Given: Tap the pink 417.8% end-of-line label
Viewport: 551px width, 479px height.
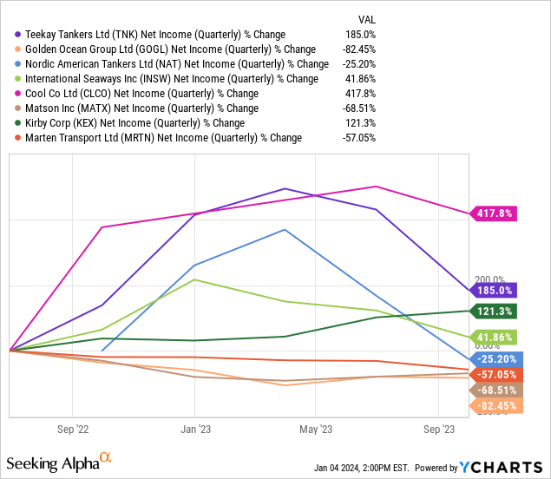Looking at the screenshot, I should (495, 213).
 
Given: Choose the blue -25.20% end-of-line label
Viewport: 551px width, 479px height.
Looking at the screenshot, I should (495, 358).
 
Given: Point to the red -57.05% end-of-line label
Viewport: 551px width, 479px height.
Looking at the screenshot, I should (495, 374).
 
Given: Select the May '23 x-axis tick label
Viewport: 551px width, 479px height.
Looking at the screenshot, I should (315, 429).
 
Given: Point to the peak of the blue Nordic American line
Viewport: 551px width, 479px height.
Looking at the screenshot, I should (284, 230).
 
